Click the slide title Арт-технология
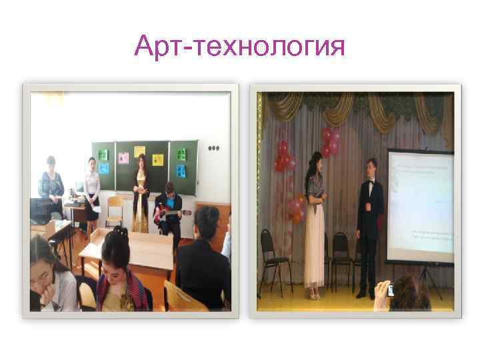(239, 47)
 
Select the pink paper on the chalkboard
(125, 159)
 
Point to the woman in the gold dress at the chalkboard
(140, 193)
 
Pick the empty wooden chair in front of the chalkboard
(115, 209)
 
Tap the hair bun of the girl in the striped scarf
(120, 233)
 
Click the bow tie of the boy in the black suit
(369, 182)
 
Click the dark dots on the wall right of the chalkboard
(213, 148)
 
